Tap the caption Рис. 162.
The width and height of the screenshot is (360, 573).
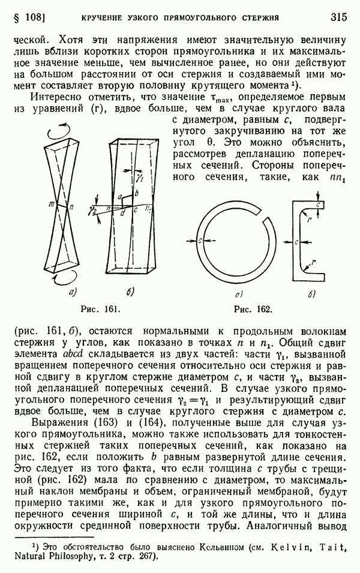252,310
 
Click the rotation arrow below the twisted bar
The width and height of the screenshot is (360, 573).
62,279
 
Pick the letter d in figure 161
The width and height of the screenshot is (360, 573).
123,214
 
